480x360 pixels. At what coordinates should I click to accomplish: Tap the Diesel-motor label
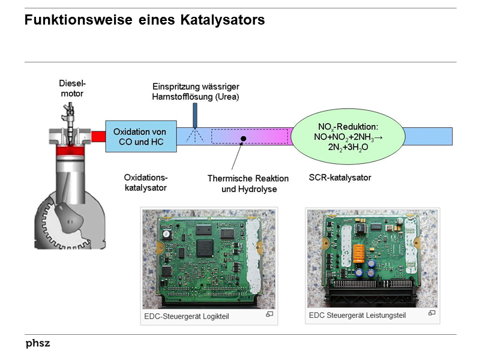click(71, 88)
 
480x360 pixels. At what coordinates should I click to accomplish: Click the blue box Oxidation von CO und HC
click(140, 136)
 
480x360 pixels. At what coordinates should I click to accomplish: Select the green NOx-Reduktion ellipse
click(346, 136)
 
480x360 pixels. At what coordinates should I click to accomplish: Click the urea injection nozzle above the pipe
click(195, 114)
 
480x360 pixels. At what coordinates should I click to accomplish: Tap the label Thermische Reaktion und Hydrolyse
click(248, 184)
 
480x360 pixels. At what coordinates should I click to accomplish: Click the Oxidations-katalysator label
click(145, 182)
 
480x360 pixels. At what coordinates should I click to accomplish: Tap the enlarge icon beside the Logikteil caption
click(270, 314)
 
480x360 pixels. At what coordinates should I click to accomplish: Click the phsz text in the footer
click(38, 344)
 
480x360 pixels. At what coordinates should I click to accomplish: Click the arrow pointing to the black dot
click(236, 157)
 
